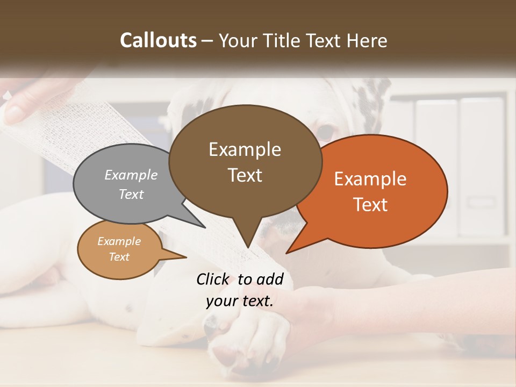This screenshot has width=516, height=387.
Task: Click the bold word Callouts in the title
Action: (159, 40)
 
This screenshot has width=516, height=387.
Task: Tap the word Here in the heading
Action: (365, 41)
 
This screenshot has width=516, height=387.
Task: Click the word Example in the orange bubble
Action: (370, 179)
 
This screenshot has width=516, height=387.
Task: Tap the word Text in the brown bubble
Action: (245, 175)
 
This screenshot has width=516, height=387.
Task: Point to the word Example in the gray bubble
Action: (131, 175)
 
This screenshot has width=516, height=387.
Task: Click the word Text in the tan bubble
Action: (119, 257)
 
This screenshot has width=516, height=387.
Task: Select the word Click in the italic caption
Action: (213, 279)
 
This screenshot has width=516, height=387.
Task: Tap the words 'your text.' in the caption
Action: (240, 301)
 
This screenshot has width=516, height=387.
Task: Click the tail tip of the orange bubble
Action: (287, 252)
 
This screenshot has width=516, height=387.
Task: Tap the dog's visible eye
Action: (325, 132)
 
